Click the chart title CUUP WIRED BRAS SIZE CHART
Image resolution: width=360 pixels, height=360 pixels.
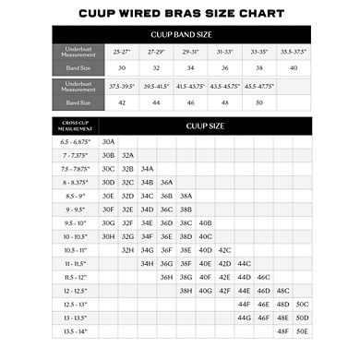pos(179,11)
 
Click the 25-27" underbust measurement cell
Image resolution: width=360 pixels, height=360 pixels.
pos(122,53)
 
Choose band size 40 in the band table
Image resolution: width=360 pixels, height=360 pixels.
pos(294,68)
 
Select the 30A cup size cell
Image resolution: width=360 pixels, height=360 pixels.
pos(109,142)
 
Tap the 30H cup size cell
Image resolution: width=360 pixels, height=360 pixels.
pos(109,236)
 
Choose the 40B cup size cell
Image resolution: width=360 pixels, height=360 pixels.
pos(205,222)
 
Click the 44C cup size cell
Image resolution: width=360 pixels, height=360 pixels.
pos(244,263)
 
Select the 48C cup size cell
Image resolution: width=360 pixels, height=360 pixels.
pos(282,290)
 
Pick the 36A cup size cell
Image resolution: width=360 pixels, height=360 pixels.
pos(166,183)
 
